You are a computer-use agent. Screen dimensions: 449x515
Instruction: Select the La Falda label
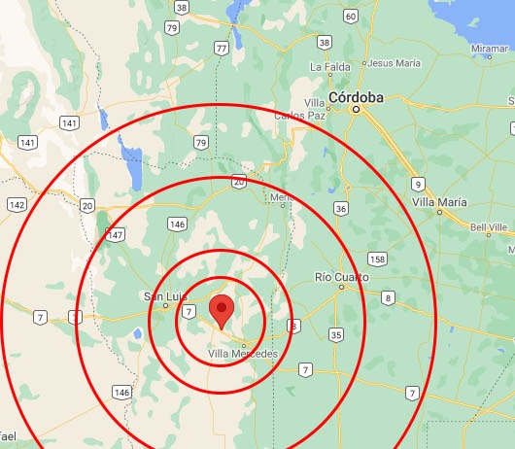point(328,66)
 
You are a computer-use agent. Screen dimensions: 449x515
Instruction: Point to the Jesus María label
point(394,63)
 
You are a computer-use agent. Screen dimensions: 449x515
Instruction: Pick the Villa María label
point(439,202)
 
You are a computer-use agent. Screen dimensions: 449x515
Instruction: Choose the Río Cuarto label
point(342,277)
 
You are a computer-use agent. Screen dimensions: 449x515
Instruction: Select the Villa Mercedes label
point(243,354)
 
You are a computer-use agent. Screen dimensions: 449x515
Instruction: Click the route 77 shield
point(223,48)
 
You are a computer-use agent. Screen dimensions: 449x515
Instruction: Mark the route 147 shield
point(116,235)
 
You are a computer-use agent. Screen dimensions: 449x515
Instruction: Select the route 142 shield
point(17,204)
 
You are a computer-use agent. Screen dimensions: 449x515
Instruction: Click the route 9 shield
point(418,183)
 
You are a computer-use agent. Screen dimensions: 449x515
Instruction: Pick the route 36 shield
point(340,208)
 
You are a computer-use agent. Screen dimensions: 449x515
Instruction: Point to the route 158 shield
point(377,259)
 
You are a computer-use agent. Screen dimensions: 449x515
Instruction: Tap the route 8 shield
point(388,297)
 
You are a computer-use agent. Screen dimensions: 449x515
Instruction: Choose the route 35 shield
point(335,334)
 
